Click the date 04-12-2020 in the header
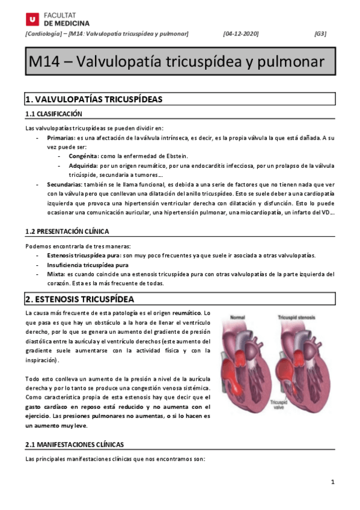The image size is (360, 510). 240,34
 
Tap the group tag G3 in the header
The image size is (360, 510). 320,34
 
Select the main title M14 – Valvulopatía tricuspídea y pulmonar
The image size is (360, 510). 177,62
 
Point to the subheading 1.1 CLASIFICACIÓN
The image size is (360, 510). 53,114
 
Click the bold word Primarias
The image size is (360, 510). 60,138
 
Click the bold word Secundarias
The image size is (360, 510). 64,184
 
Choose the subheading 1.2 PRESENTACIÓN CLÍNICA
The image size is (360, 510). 67,232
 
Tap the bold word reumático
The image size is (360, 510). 188,313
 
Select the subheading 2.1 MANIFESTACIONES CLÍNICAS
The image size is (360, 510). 75,444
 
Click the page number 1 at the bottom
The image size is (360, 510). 332,482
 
